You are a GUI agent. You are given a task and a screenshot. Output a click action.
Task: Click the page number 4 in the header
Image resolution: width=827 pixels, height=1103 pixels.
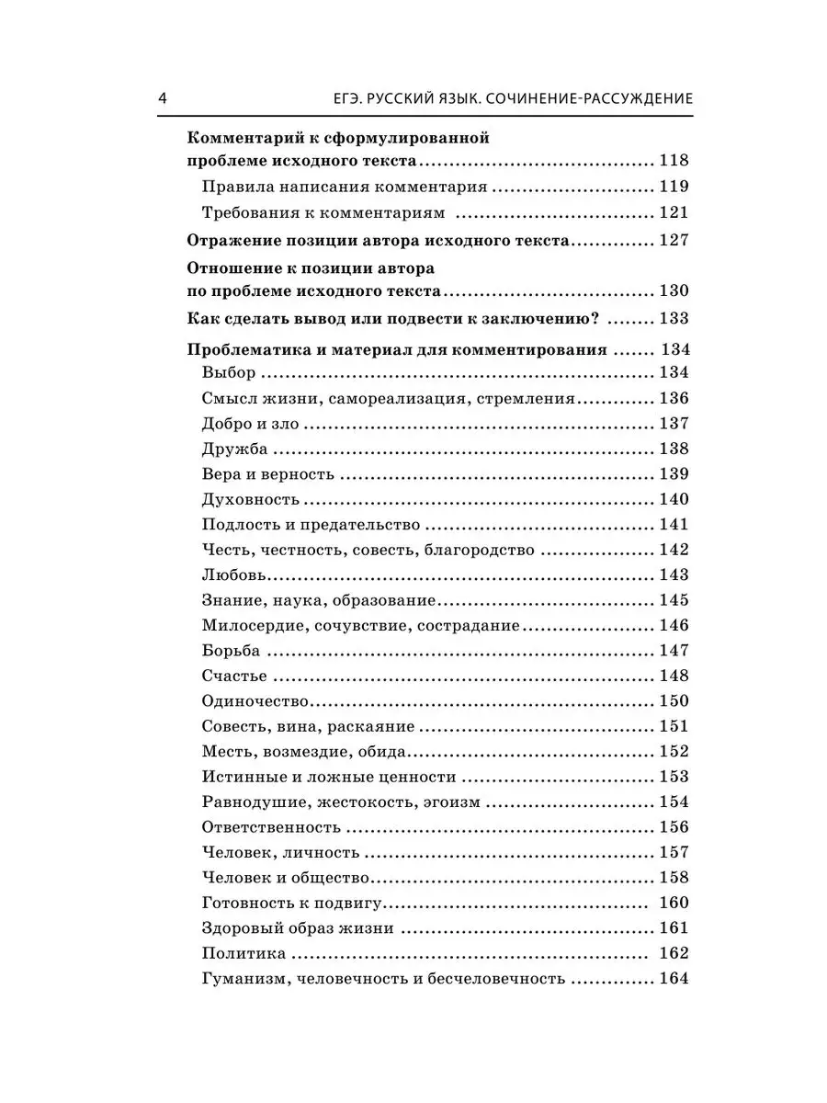pyautogui.click(x=163, y=98)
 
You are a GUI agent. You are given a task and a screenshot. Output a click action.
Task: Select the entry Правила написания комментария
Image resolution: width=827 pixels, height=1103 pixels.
pyautogui.click(x=344, y=187)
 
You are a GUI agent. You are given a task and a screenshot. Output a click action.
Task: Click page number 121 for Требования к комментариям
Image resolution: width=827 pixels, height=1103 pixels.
pyautogui.click(x=674, y=212)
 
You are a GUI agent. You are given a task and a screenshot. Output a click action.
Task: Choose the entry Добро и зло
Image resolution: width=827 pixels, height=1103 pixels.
pyautogui.click(x=250, y=424)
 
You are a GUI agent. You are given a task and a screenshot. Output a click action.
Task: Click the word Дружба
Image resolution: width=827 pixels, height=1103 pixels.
pyautogui.click(x=233, y=449)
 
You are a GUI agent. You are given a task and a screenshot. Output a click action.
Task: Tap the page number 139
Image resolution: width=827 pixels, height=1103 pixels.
pyautogui.click(x=674, y=474)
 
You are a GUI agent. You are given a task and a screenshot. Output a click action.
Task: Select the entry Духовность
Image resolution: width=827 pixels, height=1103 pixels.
pyautogui.click(x=250, y=500)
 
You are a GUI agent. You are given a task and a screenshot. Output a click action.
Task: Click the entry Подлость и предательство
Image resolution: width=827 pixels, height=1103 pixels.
pyautogui.click(x=310, y=525)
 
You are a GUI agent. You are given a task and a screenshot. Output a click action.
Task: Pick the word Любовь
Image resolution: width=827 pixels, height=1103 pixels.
pyautogui.click(x=233, y=575)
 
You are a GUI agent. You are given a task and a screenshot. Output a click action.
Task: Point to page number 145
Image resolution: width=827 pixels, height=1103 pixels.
pyautogui.click(x=674, y=600)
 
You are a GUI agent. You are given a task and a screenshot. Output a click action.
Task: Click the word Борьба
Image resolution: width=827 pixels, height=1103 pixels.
pyautogui.click(x=230, y=651)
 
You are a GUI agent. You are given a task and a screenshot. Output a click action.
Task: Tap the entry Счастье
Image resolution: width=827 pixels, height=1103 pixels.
pyautogui.click(x=233, y=677)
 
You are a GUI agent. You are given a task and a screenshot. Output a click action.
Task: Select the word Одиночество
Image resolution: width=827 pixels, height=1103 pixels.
pyautogui.click(x=254, y=701)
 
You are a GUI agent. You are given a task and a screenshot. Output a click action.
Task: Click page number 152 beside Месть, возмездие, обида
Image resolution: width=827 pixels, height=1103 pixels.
pyautogui.click(x=674, y=751)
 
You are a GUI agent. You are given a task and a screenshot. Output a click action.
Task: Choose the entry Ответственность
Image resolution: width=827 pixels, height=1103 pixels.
pyautogui.click(x=270, y=827)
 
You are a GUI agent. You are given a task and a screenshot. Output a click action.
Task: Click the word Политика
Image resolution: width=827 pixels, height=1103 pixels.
pyautogui.click(x=243, y=953)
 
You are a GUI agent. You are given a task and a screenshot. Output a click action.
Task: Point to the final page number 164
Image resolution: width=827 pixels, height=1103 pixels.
pyautogui.click(x=674, y=978)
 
